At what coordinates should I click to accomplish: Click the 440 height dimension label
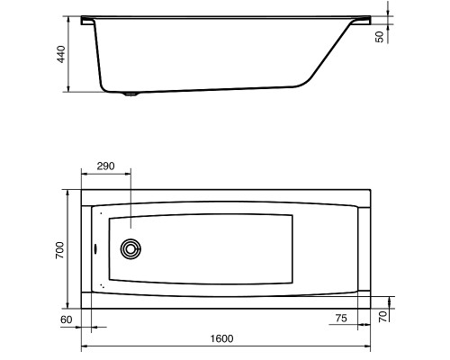[x=61, y=54]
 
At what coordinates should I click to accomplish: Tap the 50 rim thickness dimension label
[x=380, y=37]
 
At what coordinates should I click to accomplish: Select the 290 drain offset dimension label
[x=105, y=166]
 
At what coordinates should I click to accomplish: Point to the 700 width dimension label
[x=59, y=250]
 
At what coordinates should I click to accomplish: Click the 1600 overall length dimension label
[x=221, y=338]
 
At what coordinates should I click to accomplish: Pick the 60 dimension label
[x=67, y=319]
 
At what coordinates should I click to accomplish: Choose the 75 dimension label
[x=341, y=318]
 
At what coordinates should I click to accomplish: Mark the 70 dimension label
[x=382, y=317]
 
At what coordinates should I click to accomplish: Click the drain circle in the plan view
[x=130, y=248]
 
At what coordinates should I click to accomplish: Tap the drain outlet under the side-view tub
[x=130, y=94]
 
